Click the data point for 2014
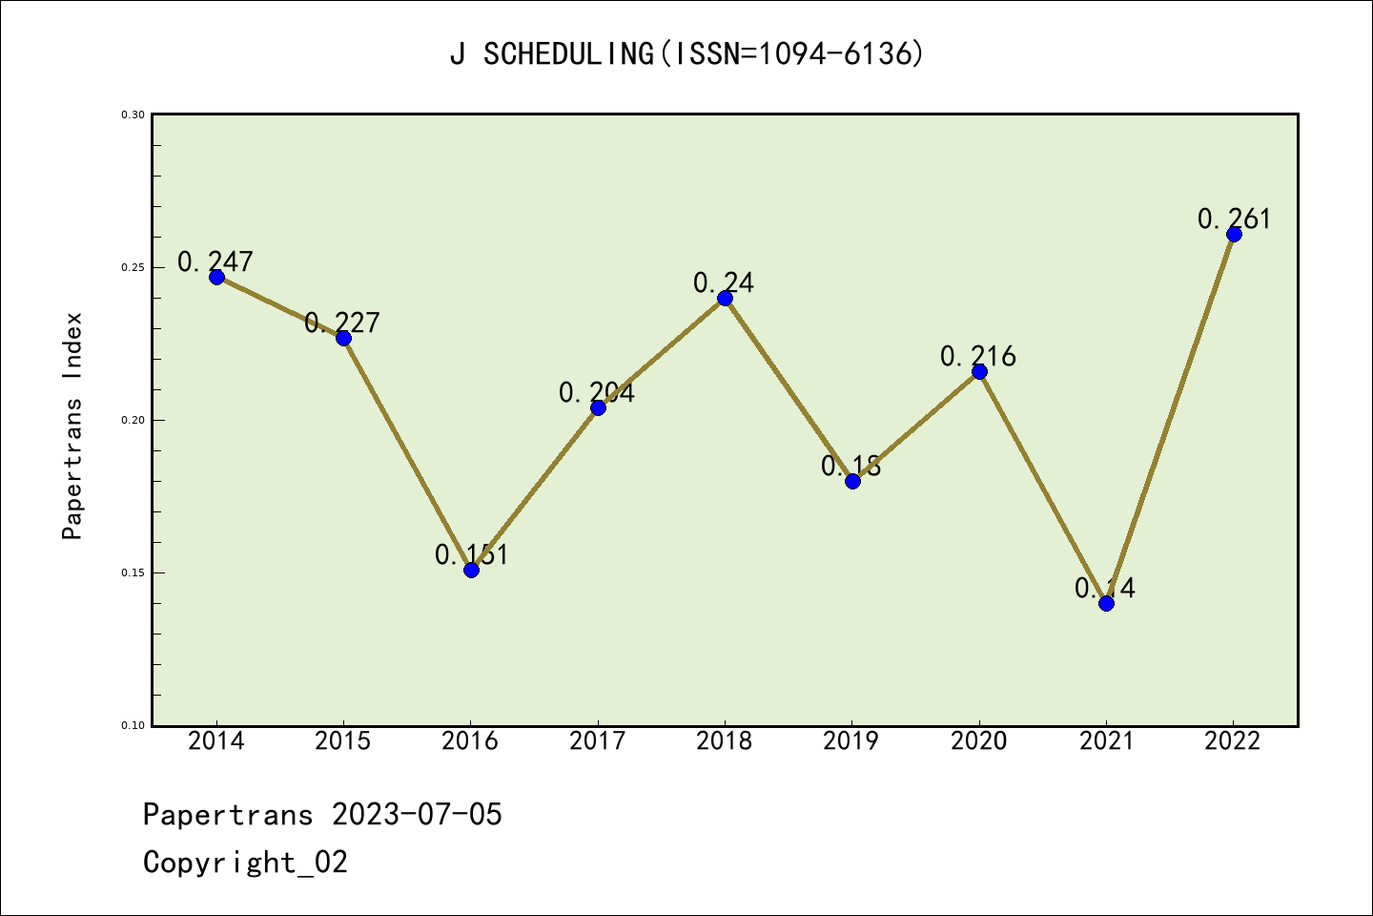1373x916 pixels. pos(216,277)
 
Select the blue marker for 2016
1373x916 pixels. pos(471,570)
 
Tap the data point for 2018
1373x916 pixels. pos(725,298)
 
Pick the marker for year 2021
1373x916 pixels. pos(1106,603)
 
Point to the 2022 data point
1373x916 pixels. pos(1234,234)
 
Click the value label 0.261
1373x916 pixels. pos(1234,219)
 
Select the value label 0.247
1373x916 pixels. pos(215,260)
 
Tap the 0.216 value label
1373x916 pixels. pos(978,356)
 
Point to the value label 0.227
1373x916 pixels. pos(342,323)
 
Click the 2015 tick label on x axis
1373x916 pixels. pos(343,741)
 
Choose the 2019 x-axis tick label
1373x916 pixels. pos(851,741)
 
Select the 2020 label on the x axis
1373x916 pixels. pos(979,741)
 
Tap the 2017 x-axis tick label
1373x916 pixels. pos(598,741)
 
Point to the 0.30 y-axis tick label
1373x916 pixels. pos(133,115)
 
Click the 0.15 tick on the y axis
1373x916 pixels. pos(133,573)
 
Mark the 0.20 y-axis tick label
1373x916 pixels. pos(133,421)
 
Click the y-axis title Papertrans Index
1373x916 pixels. pos(73,426)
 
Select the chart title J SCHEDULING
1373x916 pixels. pos(686,54)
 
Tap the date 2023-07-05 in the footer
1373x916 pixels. pos(417,815)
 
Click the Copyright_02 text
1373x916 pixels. pos(245,863)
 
